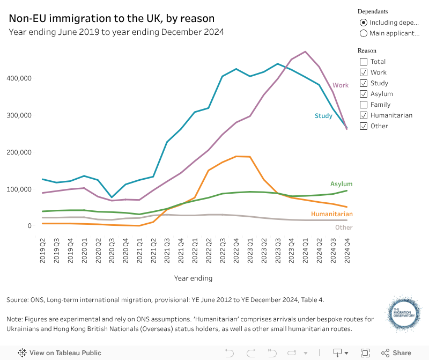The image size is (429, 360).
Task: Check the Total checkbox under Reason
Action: [x=364, y=62]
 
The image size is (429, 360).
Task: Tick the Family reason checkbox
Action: [x=364, y=105]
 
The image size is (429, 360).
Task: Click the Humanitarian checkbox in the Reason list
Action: [x=364, y=115]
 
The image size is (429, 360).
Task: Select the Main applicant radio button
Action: [x=364, y=33]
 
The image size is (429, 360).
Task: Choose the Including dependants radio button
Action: [x=364, y=23]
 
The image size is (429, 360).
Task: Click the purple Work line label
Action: [x=341, y=85]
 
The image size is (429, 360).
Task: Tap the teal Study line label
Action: [x=323, y=116]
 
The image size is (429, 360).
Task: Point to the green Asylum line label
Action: [x=341, y=184]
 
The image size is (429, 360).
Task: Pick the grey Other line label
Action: [x=344, y=227]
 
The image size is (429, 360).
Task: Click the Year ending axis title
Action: [x=193, y=278]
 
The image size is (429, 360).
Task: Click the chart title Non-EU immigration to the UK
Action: [x=112, y=19]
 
